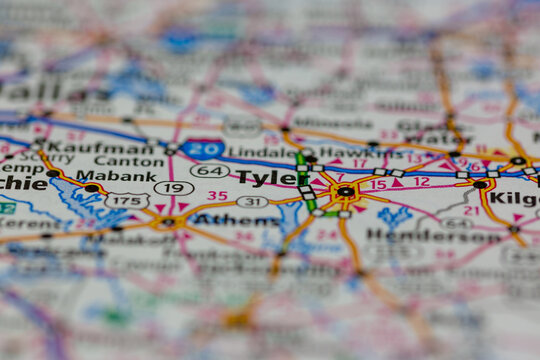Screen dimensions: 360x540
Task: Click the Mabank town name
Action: (116, 174)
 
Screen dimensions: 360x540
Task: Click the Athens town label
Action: (236, 219)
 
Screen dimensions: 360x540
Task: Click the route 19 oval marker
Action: (174, 187)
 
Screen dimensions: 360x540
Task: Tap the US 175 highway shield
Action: (127, 200)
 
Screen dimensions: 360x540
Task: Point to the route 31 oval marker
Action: (252, 201)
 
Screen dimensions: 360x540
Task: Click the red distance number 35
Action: (217, 195)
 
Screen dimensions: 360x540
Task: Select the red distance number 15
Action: (378, 185)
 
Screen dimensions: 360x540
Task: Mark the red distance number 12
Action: (421, 182)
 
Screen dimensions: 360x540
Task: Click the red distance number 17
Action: (358, 161)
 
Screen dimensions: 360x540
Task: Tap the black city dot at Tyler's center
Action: (345, 191)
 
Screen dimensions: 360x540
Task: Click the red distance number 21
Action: (471, 210)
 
